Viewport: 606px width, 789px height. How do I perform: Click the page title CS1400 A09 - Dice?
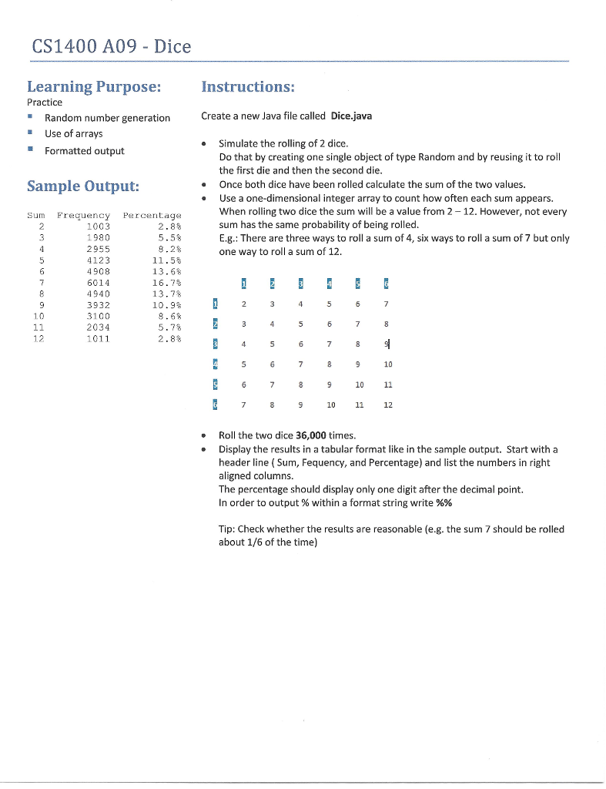111,47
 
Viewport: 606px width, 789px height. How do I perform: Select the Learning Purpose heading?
94,86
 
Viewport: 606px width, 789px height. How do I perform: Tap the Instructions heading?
247,86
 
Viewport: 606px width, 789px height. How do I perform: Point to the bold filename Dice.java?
351,116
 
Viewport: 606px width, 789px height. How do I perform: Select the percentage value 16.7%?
166,282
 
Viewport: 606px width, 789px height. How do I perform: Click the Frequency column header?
83,216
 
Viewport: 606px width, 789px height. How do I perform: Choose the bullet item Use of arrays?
73,134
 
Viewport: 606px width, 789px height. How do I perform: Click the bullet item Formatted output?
84,151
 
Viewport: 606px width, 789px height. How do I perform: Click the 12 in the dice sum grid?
387,404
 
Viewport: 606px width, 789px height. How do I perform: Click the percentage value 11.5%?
166,260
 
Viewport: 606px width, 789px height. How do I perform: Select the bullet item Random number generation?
107,118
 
